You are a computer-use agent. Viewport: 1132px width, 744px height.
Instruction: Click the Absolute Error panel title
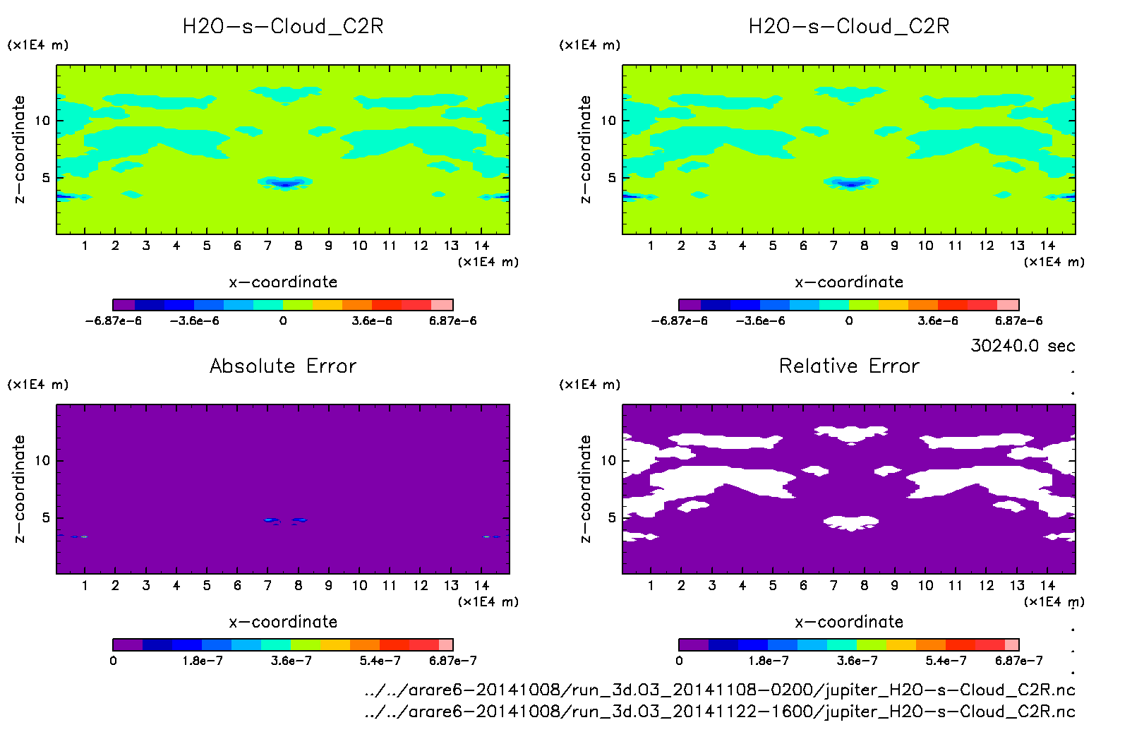pos(283,366)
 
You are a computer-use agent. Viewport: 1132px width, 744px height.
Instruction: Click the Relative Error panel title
pos(849,366)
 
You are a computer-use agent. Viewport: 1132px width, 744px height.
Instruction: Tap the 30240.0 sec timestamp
pos(1023,346)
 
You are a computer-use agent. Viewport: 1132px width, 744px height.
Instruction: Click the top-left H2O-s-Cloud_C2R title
pos(283,27)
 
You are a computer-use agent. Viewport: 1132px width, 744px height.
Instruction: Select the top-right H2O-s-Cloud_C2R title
pos(849,27)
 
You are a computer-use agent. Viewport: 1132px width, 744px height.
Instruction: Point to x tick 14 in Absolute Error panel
pos(481,585)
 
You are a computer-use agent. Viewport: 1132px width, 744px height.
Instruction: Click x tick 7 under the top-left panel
pos(267,246)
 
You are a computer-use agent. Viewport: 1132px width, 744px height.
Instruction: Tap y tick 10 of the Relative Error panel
pos(608,460)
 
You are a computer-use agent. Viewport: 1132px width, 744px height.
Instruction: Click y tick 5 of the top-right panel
pos(612,178)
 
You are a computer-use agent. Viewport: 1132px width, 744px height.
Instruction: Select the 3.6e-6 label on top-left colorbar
pos(372,320)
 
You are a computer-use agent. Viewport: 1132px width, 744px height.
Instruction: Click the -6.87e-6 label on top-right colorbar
pos(679,320)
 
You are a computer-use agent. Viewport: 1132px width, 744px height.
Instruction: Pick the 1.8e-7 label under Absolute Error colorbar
pos(203,661)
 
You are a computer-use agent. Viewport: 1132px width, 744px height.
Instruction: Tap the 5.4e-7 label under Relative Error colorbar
pos(946,661)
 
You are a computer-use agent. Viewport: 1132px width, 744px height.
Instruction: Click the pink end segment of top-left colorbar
pos(442,305)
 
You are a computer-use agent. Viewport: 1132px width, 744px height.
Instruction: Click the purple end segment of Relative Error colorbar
pos(693,644)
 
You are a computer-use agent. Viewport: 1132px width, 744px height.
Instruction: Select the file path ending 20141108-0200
pos(720,690)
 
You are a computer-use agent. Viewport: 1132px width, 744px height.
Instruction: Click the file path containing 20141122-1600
pos(720,712)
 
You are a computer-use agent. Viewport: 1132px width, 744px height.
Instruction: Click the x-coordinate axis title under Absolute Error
pos(283,622)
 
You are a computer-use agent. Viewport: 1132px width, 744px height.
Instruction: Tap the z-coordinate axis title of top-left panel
pos(19,150)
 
